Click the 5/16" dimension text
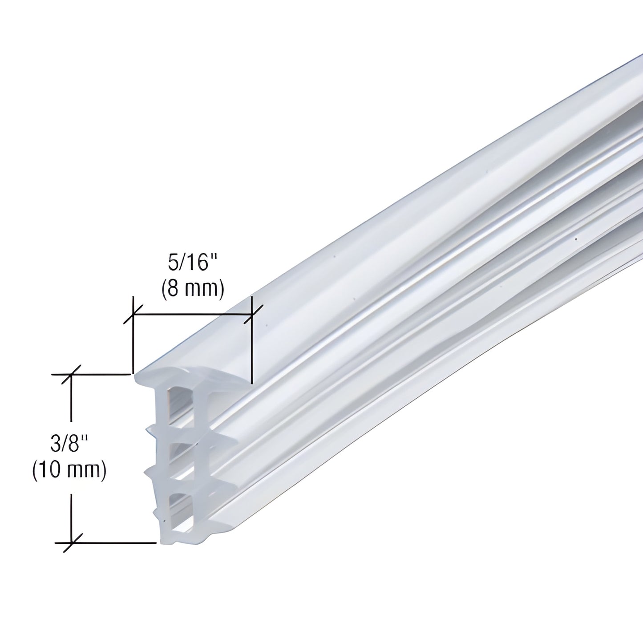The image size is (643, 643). click(188, 263)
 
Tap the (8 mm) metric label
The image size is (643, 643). click(192, 289)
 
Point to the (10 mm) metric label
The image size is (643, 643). click(69, 470)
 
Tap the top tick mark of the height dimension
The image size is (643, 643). click(71, 375)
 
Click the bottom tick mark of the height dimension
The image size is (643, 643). click(71, 543)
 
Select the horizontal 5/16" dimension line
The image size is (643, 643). click(191, 315)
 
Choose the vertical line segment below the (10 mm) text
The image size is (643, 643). click(71, 512)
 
